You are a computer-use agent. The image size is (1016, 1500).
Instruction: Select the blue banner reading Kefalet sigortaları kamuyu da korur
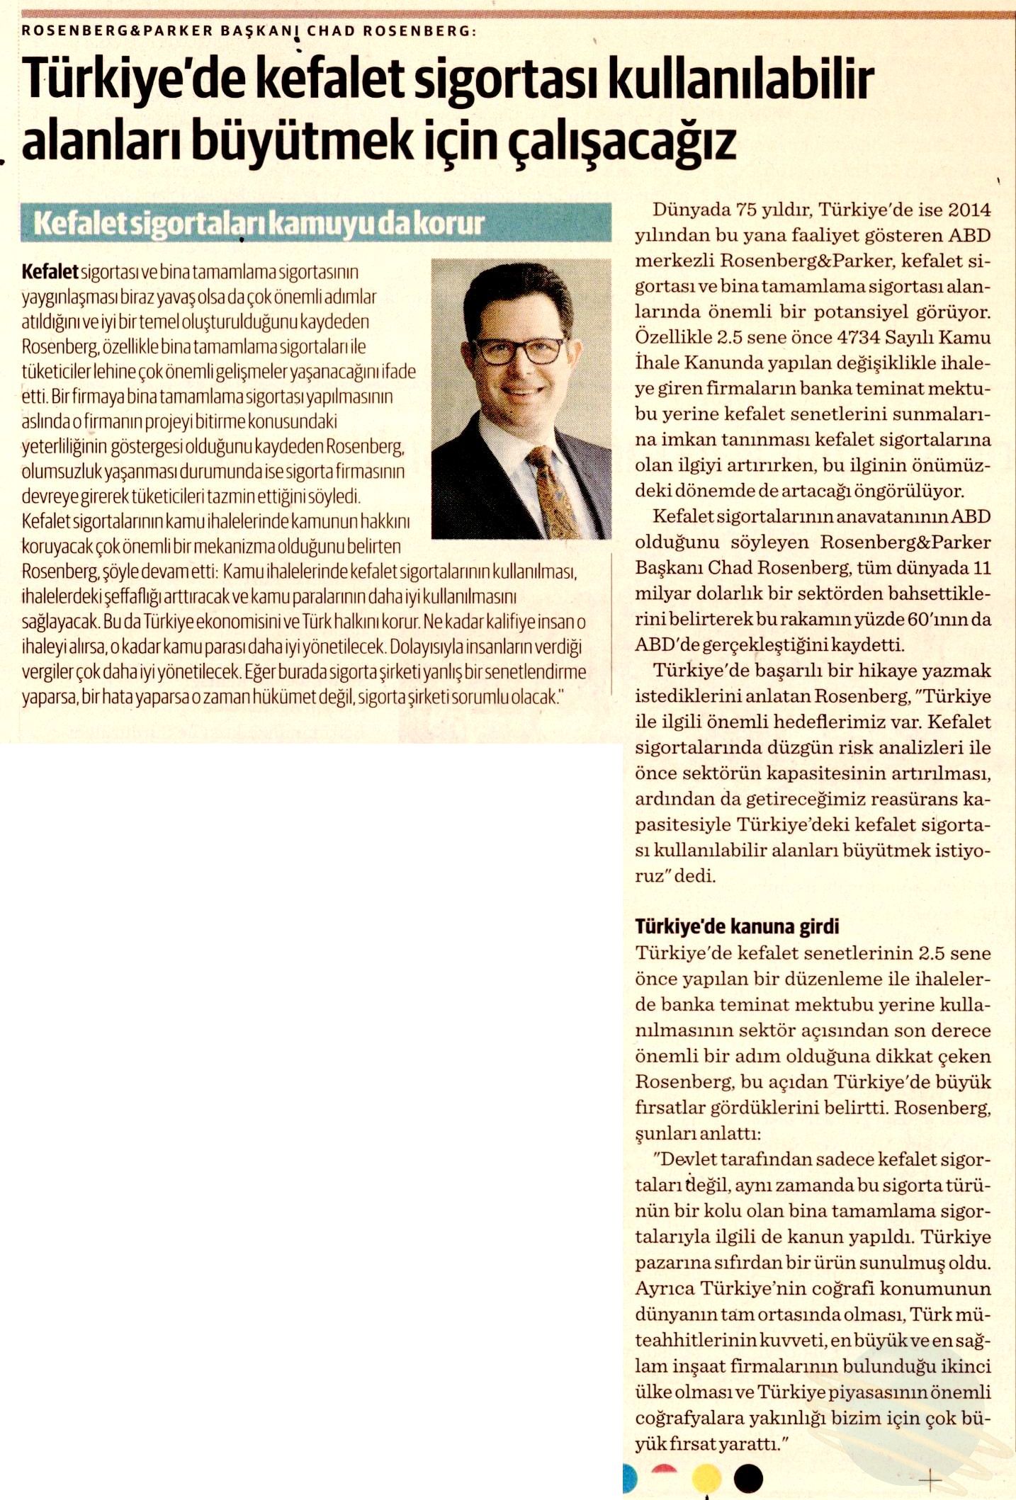click(316, 223)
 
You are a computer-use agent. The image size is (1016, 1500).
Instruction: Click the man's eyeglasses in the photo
click(519, 351)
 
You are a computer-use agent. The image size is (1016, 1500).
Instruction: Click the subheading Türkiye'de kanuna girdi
click(737, 926)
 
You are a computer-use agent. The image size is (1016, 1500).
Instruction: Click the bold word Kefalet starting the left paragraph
click(50, 272)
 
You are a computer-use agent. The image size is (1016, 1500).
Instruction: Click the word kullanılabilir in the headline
click(741, 80)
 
